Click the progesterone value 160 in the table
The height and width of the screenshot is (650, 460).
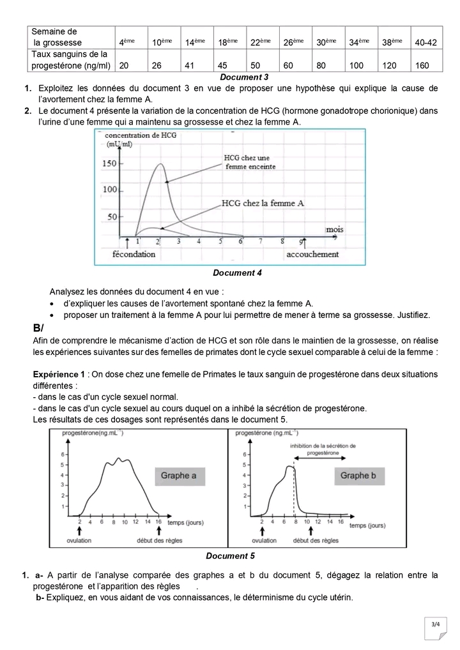(x=422, y=65)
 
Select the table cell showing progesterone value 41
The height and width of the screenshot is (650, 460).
(x=190, y=65)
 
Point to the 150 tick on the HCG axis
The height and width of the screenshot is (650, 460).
(x=111, y=163)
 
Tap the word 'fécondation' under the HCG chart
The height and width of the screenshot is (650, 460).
(x=134, y=253)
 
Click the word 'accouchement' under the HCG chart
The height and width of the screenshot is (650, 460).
(x=312, y=253)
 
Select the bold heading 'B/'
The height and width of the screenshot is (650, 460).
(x=38, y=328)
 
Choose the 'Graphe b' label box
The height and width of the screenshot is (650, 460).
(x=358, y=475)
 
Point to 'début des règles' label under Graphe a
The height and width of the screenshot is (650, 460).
(x=156, y=541)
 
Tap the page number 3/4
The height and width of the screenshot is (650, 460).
(x=436, y=624)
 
